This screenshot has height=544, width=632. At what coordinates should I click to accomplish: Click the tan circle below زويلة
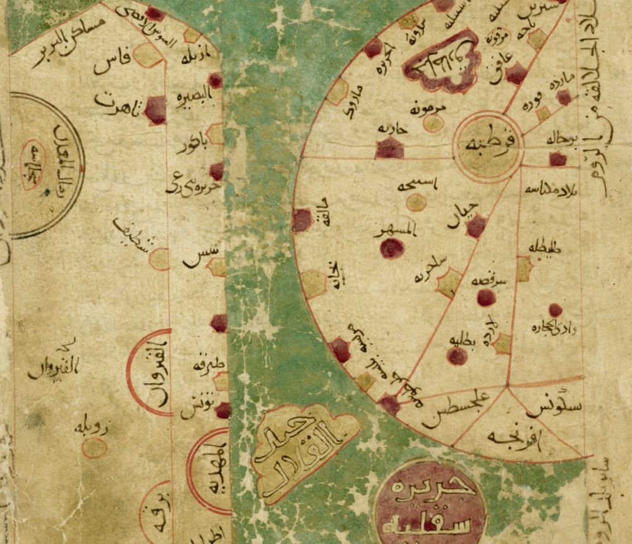click(x=95, y=448)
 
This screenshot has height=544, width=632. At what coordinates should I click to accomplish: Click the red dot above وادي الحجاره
click(x=556, y=310)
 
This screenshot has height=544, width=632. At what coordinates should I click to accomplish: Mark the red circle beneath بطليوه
click(x=456, y=357)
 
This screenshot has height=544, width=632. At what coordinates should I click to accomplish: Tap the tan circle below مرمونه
click(x=433, y=123)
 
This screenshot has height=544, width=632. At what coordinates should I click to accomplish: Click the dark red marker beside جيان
click(x=475, y=226)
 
